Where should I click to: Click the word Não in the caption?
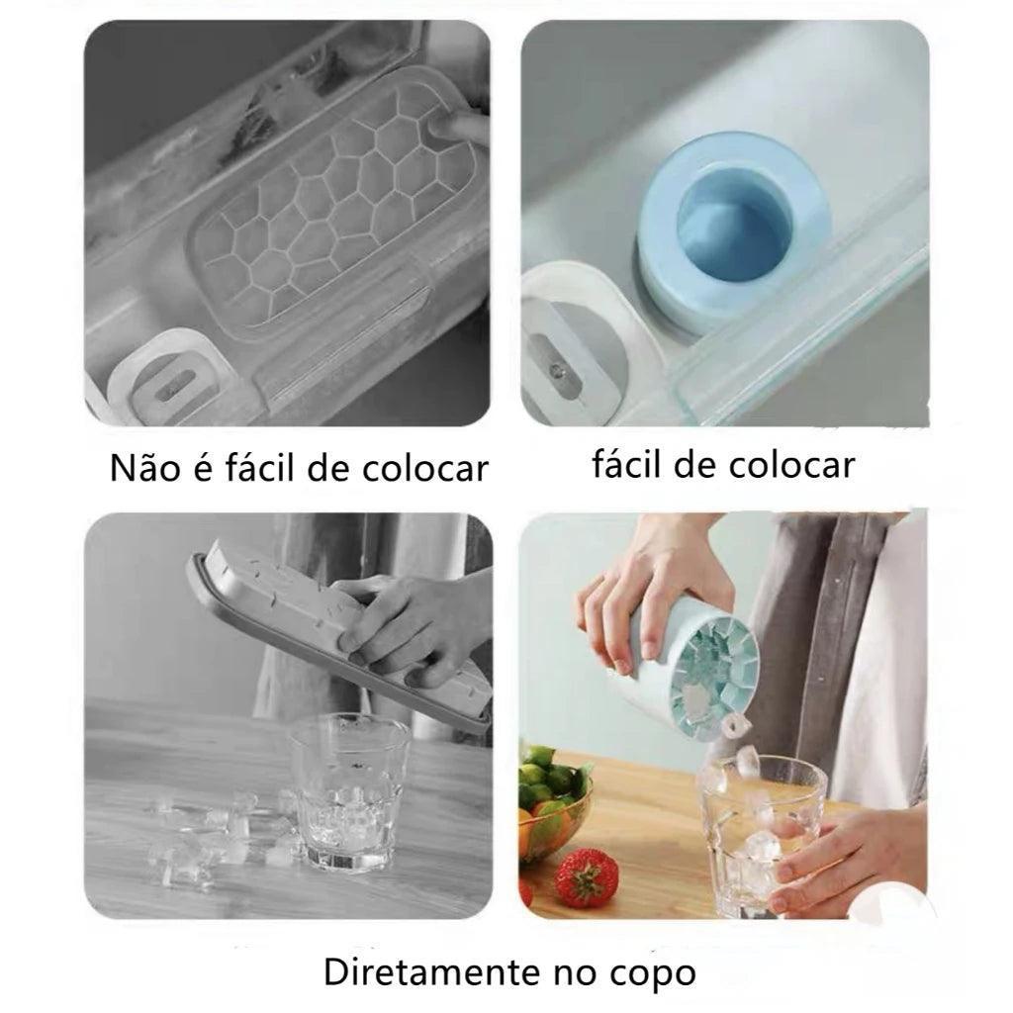tap(144, 467)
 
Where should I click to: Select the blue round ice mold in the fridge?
tap(732, 233)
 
